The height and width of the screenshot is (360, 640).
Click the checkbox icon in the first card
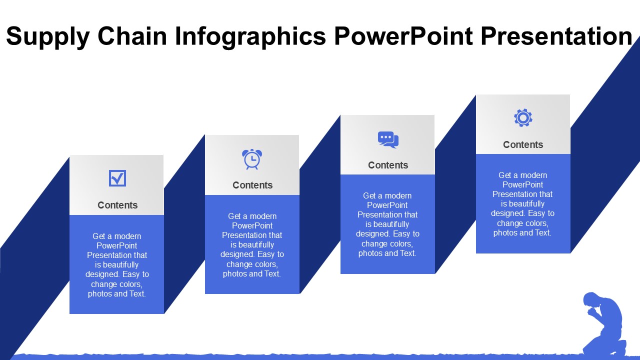click(117, 178)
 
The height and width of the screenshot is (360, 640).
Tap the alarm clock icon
click(252, 159)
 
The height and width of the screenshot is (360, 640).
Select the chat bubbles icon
click(388, 139)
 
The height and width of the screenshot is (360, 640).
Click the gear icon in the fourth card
click(523, 118)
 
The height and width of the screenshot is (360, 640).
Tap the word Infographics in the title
click(250, 36)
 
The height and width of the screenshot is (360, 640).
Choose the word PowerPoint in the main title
click(403, 36)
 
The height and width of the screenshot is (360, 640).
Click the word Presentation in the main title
click(556, 36)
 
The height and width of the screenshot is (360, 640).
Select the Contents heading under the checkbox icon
click(117, 205)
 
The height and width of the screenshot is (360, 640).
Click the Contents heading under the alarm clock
click(252, 185)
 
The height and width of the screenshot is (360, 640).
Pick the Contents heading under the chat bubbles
click(388, 165)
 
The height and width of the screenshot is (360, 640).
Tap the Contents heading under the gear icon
click(523, 144)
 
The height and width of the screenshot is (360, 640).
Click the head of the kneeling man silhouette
click(591, 300)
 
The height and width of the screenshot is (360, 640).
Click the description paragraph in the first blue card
click(117, 265)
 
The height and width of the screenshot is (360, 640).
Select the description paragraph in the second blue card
click(252, 245)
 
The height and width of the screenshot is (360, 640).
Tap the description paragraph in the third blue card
click(387, 224)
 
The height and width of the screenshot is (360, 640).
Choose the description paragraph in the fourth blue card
click(522, 204)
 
